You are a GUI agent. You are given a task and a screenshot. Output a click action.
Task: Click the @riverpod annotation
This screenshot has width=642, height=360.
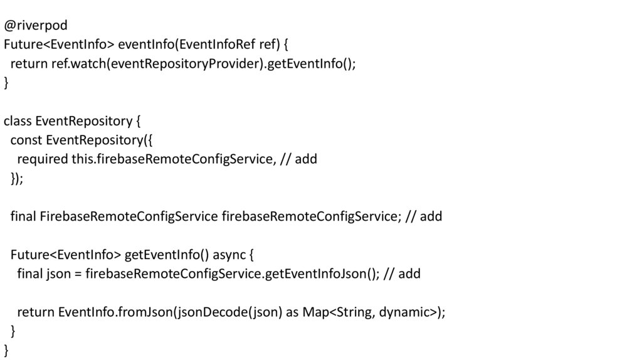tap(36, 26)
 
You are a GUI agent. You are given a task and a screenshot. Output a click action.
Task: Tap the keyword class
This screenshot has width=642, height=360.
tap(18, 121)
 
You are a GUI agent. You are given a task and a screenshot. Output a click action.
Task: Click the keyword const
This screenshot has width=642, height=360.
tap(26, 140)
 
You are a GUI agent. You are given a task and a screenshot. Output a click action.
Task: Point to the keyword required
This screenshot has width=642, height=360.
tap(43, 159)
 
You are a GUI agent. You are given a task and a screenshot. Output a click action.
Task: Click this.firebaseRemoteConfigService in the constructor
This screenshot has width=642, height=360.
tap(172, 159)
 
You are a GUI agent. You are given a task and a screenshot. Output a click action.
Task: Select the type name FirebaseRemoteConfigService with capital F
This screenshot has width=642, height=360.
tap(129, 216)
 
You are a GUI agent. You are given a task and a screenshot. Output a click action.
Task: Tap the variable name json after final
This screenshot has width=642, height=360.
tap(58, 274)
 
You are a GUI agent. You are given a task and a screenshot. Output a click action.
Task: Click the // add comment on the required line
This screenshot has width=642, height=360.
tap(298, 159)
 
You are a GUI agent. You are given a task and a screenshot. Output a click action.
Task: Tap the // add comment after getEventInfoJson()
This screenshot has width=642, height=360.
tap(402, 274)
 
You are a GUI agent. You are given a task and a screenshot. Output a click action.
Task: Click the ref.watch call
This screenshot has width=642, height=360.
tap(78, 64)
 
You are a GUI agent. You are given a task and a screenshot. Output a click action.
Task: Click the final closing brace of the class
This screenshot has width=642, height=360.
tap(6, 351)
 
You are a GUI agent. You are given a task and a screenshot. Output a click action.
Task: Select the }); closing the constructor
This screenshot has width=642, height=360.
tap(17, 179)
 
